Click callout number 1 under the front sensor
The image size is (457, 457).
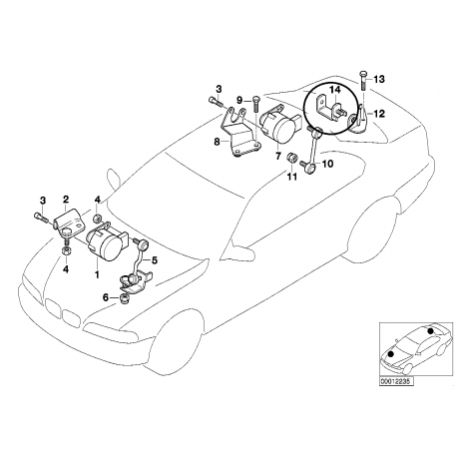tap(96, 272)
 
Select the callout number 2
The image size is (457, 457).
tap(66, 199)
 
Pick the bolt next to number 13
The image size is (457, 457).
tap(362, 80)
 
